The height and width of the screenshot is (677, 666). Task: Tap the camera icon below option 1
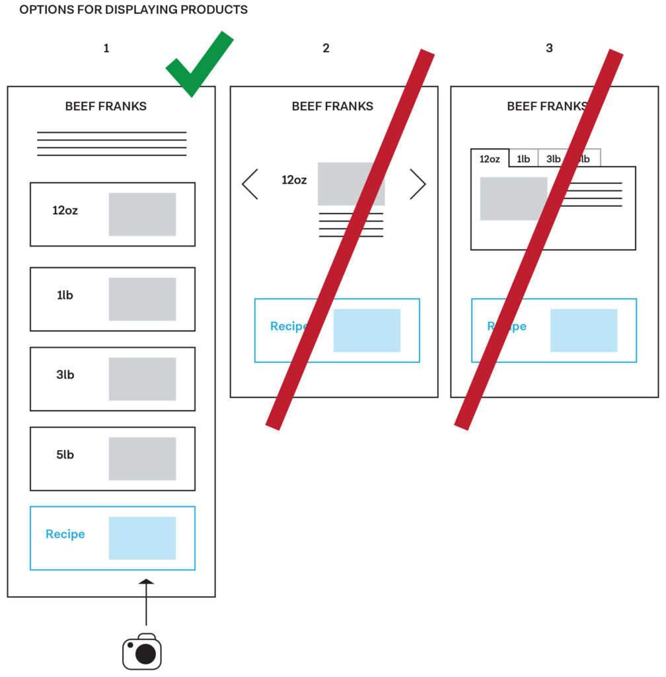click(x=142, y=651)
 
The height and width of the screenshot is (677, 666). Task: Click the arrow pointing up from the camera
click(x=146, y=602)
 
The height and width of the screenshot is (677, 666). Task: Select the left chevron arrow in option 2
click(x=250, y=184)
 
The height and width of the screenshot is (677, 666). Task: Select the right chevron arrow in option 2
click(x=418, y=184)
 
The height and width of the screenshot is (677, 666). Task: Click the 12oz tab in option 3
click(x=490, y=159)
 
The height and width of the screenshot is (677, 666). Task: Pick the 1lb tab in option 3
click(x=523, y=159)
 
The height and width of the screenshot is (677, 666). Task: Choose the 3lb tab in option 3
click(x=553, y=159)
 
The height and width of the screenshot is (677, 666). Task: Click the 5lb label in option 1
click(x=65, y=455)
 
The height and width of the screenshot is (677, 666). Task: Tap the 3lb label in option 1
click(x=65, y=375)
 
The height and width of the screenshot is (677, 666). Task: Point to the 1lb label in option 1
click(x=65, y=296)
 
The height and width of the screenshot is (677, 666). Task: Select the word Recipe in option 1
click(x=65, y=534)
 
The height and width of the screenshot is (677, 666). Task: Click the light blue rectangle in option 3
click(x=583, y=330)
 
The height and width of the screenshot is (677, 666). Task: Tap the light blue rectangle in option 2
click(x=367, y=330)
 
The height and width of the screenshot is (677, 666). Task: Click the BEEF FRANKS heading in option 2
click(x=332, y=106)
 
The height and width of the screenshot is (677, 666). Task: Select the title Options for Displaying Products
click(x=133, y=11)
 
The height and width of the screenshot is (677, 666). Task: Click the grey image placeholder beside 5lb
click(x=142, y=459)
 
